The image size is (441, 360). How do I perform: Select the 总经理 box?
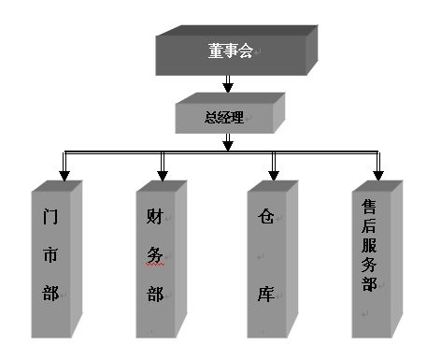(x=225, y=118)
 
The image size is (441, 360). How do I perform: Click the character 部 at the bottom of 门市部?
(x=50, y=295)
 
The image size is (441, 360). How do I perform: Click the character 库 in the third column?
(x=265, y=294)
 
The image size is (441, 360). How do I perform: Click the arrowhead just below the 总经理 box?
(x=227, y=143)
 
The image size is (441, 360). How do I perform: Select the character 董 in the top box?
(x=217, y=51)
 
